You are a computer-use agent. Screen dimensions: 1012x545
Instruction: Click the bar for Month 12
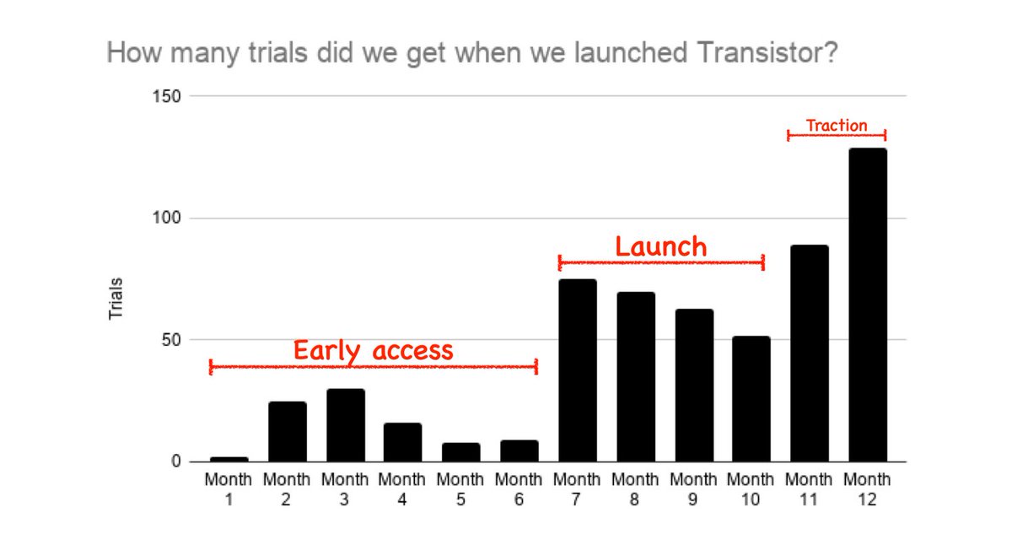[868, 305]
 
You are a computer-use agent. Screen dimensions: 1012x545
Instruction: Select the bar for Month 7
[578, 370]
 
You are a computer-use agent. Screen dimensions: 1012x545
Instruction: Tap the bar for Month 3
[346, 425]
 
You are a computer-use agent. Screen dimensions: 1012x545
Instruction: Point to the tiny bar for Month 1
[229, 459]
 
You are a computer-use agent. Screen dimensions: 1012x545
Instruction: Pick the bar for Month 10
[751, 398]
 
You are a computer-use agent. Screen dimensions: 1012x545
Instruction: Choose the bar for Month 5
[461, 452]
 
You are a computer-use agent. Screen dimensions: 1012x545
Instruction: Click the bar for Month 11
[810, 353]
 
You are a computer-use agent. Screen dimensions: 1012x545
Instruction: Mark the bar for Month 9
[694, 385]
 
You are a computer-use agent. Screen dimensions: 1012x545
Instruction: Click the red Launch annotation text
[661, 246]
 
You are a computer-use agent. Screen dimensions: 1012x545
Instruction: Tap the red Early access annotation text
[373, 351]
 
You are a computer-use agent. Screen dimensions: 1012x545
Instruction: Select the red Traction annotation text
[837, 125]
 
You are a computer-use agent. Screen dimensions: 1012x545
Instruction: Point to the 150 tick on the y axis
[166, 96]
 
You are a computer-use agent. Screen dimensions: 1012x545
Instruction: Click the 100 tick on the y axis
[166, 218]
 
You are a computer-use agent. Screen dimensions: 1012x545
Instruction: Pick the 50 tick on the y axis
[171, 340]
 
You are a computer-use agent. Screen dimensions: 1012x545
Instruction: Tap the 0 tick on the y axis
[176, 461]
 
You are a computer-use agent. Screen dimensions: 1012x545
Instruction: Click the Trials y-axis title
[116, 299]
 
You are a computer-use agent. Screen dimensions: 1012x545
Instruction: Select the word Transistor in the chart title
[767, 52]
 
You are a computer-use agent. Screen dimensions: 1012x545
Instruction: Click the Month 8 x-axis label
[635, 489]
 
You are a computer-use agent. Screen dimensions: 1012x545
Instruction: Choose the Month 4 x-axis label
[402, 489]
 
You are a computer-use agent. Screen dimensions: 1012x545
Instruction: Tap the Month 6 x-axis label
[519, 489]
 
